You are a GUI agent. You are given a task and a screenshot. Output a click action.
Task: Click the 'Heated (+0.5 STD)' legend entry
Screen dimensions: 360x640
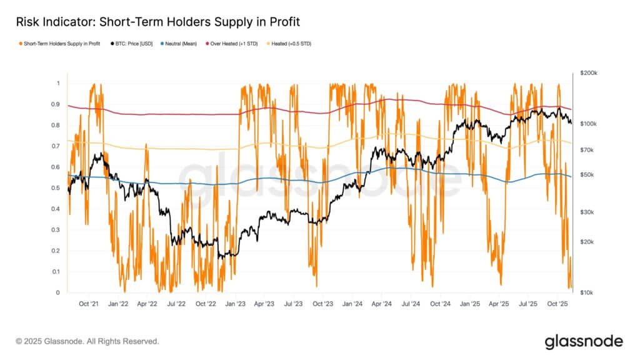pyautogui.click(x=291, y=44)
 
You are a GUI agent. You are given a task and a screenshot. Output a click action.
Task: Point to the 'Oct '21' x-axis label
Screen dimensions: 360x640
pyautogui.click(x=88, y=304)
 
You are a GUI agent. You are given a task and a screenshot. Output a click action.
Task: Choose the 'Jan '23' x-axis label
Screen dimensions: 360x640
pyautogui.click(x=235, y=304)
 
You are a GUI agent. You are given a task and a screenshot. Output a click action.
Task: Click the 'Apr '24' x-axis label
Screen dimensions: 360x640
pyautogui.click(x=381, y=304)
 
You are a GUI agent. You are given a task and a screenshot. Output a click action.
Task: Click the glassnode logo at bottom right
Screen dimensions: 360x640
pyautogui.click(x=583, y=341)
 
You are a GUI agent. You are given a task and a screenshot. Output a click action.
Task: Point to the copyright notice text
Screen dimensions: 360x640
pyautogui.click(x=87, y=341)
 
